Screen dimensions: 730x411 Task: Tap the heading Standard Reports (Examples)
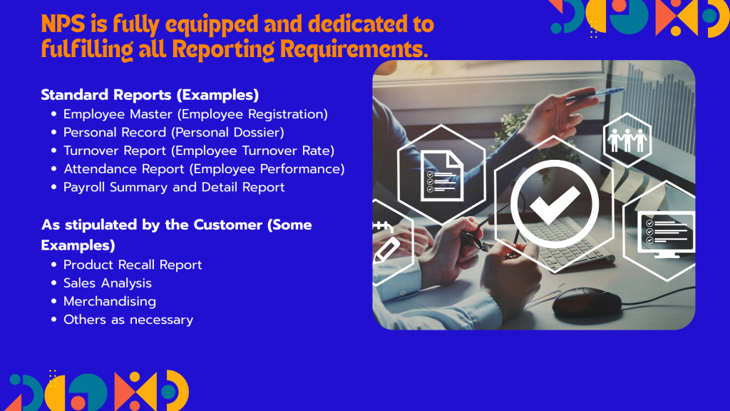(150, 95)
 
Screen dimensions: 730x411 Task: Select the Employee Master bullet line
(195, 114)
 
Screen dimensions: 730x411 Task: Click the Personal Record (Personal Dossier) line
(174, 132)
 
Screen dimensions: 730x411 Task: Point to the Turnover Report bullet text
(199, 151)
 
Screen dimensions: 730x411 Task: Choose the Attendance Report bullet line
(204, 168)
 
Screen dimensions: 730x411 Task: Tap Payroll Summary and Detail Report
(174, 188)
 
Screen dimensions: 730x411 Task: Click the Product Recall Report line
(133, 265)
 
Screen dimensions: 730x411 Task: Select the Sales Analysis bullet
(108, 283)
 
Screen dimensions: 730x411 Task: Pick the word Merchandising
(110, 302)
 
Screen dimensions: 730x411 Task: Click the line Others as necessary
(128, 320)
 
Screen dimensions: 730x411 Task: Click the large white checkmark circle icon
(555, 204)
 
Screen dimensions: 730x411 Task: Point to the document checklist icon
(441, 176)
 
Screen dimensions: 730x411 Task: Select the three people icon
(627, 140)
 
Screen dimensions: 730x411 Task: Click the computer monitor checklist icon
(666, 234)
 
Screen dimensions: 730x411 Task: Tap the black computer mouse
(587, 302)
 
